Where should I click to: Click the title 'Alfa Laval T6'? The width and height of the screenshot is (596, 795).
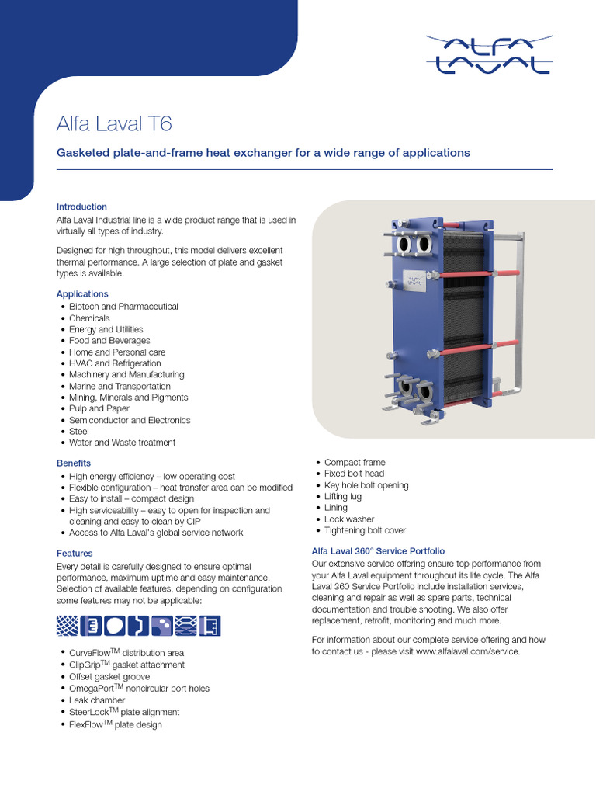point(115,124)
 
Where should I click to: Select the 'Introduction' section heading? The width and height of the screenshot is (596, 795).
point(81,207)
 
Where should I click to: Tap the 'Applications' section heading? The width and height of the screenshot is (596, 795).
point(82,294)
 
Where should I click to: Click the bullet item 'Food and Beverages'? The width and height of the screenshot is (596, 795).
point(109,341)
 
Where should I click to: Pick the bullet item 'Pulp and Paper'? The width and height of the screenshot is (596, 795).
point(99,408)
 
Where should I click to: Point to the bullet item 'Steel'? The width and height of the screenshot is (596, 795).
point(79,432)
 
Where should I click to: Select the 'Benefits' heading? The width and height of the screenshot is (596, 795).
point(74,463)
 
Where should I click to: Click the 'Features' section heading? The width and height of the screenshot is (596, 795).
point(74,554)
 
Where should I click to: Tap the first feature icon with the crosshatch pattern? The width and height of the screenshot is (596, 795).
point(68,626)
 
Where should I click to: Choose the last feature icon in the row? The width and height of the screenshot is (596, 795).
point(210,626)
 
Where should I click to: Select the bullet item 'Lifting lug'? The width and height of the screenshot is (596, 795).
point(343,497)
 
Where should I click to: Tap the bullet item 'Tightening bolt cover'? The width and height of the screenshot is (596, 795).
point(365,531)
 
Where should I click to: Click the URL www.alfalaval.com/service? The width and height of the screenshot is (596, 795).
point(467,652)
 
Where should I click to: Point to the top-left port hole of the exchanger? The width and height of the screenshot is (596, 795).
point(404,245)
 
